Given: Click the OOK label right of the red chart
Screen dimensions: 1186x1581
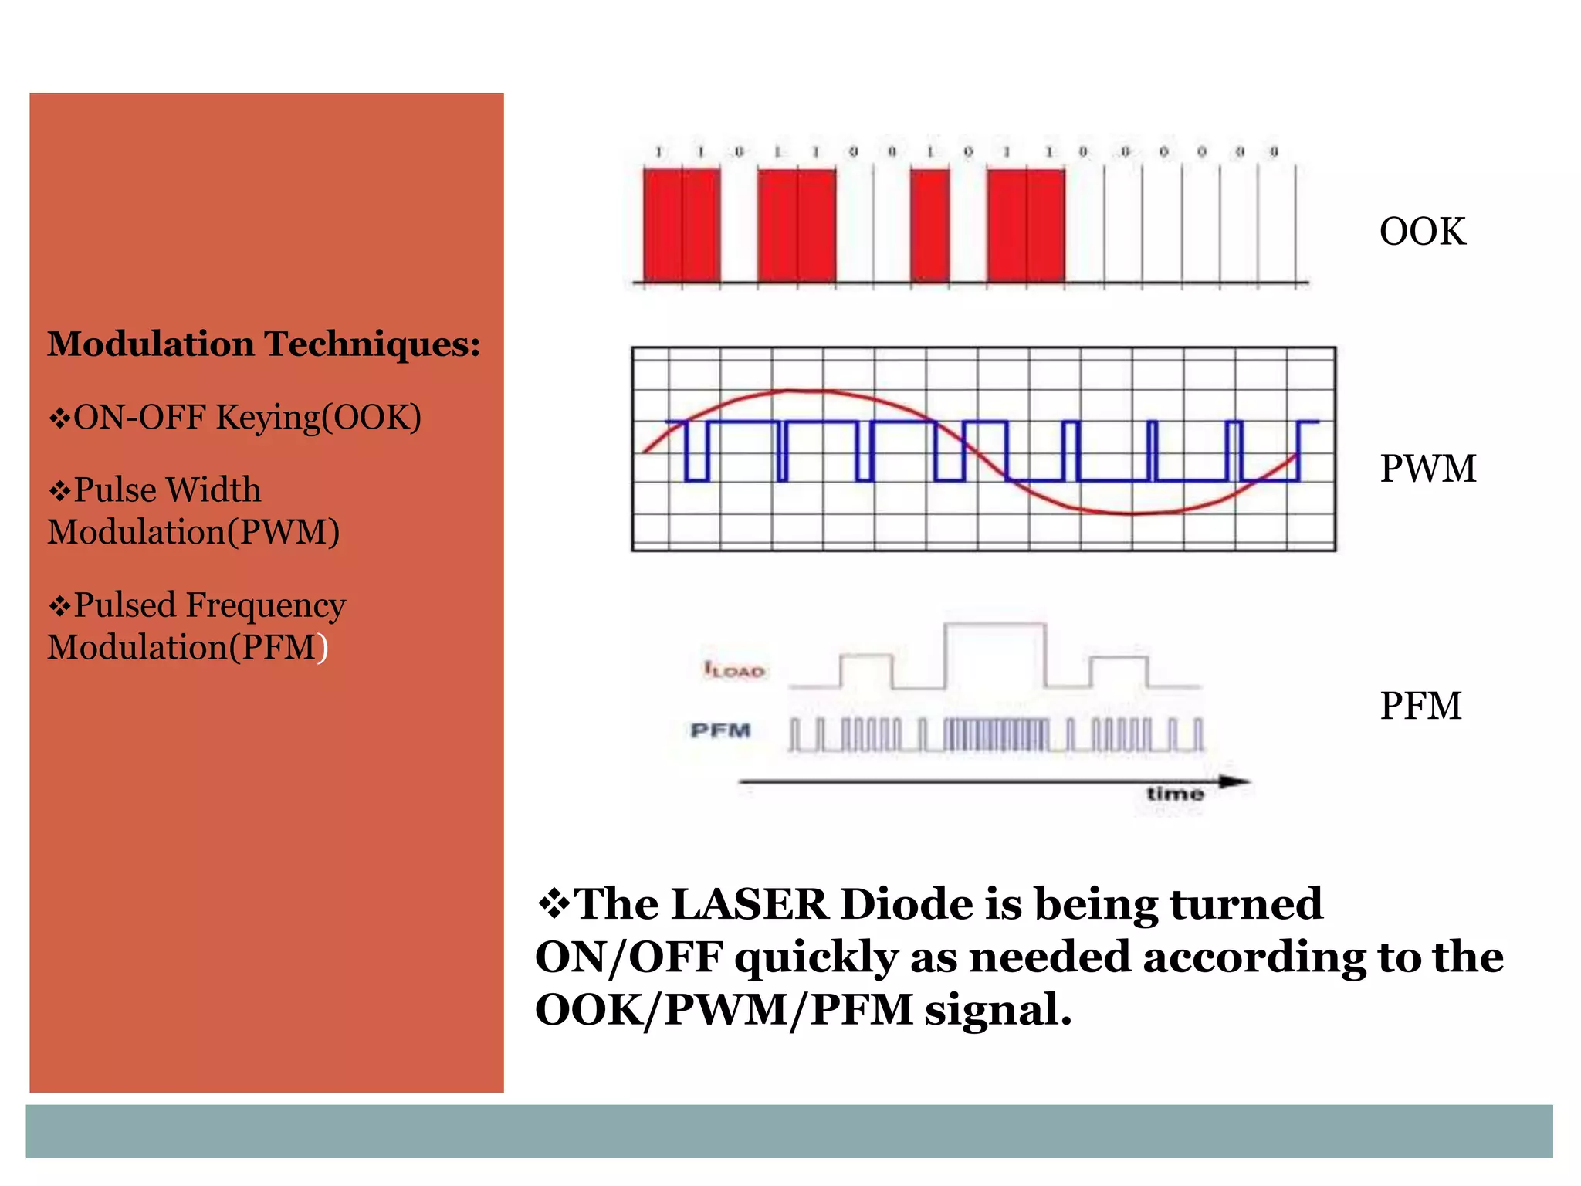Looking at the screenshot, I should [x=1422, y=232].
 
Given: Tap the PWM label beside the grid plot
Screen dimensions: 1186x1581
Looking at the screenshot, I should [x=1427, y=469].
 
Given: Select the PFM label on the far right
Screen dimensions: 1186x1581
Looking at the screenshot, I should [x=1420, y=706].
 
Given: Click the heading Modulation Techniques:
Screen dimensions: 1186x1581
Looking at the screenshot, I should [x=263, y=344].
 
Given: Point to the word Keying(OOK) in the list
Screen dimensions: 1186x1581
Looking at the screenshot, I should [x=318, y=418].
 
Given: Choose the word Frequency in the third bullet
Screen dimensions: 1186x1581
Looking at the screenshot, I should [x=265, y=605].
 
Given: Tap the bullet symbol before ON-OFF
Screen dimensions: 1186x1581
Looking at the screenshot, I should [x=59, y=418].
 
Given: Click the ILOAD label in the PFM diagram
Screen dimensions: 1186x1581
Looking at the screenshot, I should [x=734, y=670].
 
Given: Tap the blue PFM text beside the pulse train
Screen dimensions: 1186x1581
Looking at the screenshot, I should [x=720, y=730].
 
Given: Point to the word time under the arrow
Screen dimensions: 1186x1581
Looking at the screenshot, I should [x=1174, y=794].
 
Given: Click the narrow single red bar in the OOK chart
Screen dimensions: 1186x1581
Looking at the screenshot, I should [x=930, y=225].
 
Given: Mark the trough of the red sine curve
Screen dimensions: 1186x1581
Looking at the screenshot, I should [x=1133, y=513].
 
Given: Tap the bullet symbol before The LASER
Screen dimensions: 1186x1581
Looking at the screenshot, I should [x=552, y=903].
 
